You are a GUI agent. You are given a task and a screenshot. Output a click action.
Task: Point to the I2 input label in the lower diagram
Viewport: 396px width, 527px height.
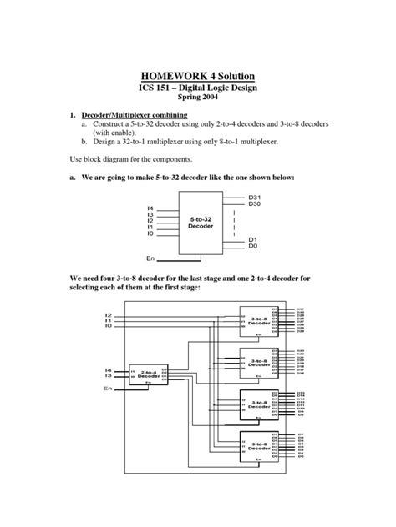[109, 315]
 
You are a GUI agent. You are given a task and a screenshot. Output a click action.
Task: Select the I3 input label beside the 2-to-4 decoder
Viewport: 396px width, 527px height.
[108, 377]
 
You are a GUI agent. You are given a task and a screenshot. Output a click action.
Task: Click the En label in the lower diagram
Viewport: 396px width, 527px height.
[109, 389]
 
